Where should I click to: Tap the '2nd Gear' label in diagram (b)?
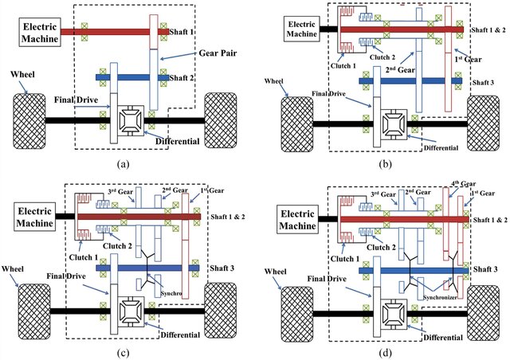[x=400, y=69]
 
